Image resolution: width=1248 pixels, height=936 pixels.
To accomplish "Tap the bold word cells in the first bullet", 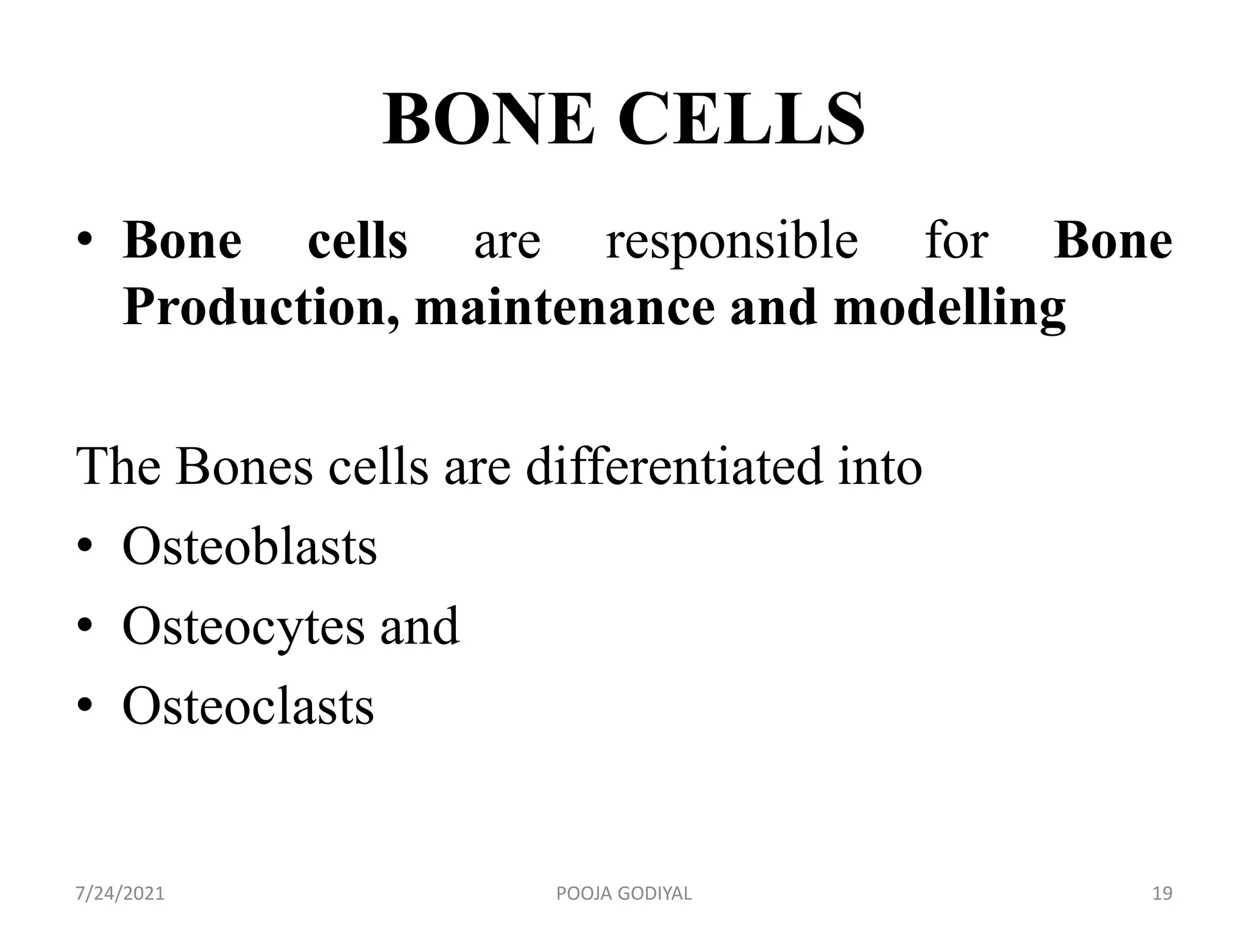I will (358, 241).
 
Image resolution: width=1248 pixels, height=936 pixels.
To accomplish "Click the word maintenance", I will (564, 307).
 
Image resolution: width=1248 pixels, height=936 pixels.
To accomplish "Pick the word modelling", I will (949, 308).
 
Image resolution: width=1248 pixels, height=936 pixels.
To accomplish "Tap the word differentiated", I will (673, 466).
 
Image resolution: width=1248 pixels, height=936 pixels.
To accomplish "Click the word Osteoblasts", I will (249, 547).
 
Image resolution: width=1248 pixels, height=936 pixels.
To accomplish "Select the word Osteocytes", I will (243, 628).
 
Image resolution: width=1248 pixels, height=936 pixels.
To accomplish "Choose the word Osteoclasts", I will (248, 706).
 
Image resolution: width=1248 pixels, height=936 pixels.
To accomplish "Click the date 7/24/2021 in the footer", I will (120, 894).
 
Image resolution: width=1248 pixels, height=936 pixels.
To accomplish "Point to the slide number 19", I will (1163, 894).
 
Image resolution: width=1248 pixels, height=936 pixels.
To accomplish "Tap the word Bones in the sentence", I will (244, 466).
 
